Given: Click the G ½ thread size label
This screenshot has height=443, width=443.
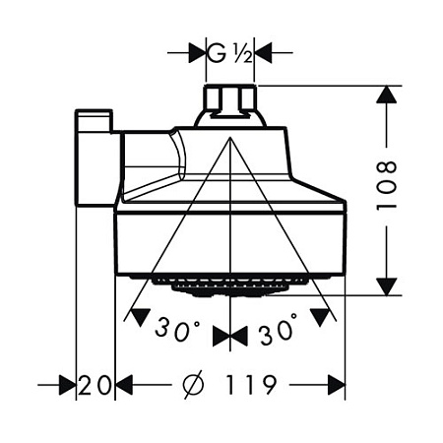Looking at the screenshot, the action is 230,53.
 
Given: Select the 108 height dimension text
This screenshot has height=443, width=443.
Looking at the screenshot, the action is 386,185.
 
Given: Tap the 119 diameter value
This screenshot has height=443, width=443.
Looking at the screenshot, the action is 251,385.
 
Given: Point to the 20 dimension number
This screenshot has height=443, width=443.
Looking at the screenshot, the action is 95,385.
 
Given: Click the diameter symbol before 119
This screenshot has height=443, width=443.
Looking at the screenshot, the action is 193,385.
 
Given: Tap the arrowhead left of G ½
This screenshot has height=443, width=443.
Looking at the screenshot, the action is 197,52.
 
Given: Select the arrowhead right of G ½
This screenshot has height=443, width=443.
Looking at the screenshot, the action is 263,52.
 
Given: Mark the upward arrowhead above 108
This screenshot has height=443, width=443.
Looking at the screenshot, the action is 386,95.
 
